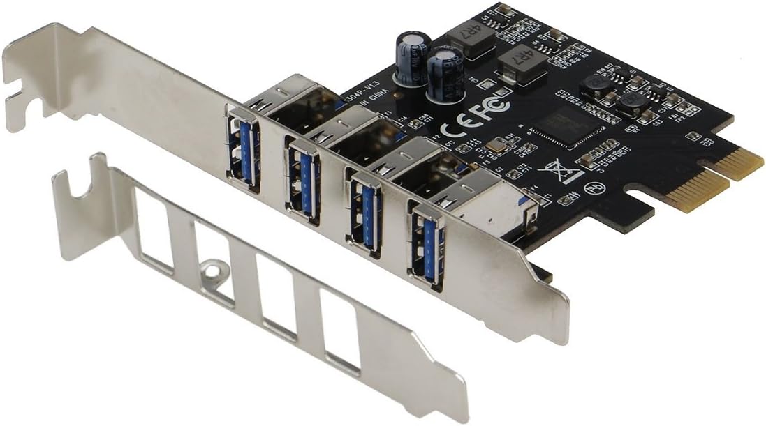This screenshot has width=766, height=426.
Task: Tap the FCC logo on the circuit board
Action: click(x=493, y=106)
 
